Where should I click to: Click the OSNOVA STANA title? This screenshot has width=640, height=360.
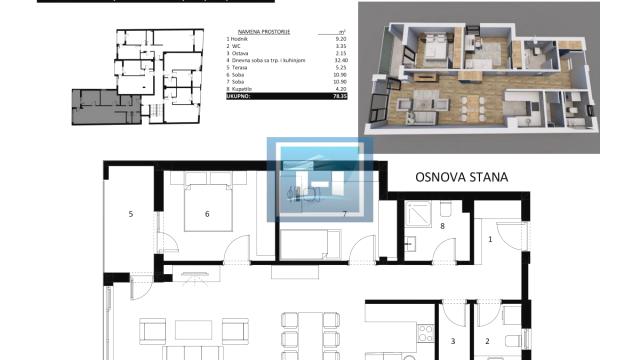coord(461,178)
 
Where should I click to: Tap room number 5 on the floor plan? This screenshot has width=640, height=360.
coord(131,213)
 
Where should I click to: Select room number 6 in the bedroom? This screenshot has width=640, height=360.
coord(206,213)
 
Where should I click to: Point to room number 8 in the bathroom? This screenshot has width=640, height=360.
coord(442,227)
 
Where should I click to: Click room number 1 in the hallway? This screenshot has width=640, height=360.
coord(490,239)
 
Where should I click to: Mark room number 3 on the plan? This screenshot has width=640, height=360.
coord(452,341)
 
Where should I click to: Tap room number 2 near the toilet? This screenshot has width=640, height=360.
coord(487,341)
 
